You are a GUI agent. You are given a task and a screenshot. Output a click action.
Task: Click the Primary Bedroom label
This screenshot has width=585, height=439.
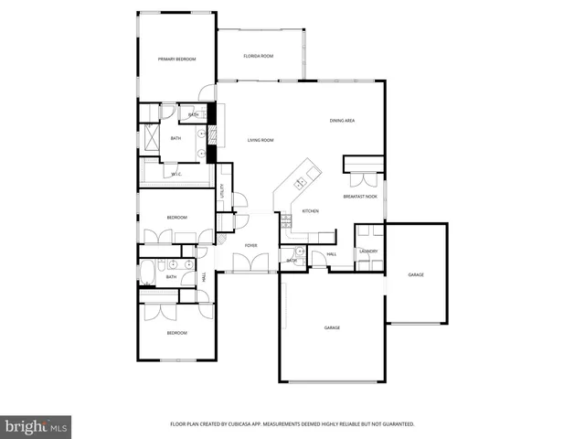(176, 59)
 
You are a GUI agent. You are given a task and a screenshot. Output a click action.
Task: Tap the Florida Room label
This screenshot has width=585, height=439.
(259, 56)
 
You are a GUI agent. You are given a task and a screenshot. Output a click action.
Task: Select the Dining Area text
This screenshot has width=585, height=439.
(343, 121)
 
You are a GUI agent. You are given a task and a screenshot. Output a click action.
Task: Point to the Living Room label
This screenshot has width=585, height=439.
(261, 140)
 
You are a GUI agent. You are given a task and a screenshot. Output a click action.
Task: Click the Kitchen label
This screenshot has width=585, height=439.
(310, 211)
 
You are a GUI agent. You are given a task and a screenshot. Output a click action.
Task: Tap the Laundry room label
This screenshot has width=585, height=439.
(368, 251)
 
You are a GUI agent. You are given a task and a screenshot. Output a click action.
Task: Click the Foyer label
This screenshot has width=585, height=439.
(250, 245)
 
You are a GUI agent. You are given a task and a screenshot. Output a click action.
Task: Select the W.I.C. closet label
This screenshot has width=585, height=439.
(176, 173)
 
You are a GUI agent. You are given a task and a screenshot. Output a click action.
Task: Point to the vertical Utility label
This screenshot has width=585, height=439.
(221, 190)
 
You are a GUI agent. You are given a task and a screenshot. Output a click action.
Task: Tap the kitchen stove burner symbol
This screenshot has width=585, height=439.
(285, 219)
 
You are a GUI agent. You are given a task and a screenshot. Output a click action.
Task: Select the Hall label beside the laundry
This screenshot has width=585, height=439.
(332, 253)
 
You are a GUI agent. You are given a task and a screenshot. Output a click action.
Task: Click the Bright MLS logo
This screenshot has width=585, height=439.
(37, 426)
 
